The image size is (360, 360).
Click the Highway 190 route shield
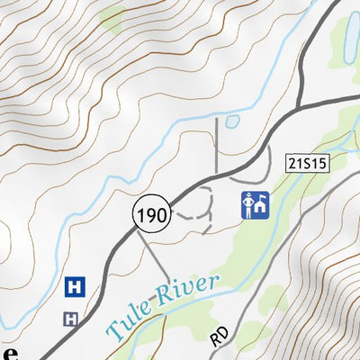[149, 214]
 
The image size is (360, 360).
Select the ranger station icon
[254, 206]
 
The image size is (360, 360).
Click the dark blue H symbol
[76, 287]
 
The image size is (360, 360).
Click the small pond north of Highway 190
[231, 121]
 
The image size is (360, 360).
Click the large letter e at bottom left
[7, 353]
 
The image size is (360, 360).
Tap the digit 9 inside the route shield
[149, 214]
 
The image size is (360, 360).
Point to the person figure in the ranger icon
[247, 206]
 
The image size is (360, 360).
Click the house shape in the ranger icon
[259, 209]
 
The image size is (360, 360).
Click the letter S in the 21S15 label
[304, 163]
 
